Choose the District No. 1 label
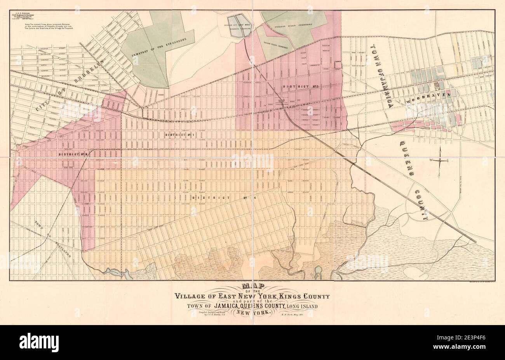179,135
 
